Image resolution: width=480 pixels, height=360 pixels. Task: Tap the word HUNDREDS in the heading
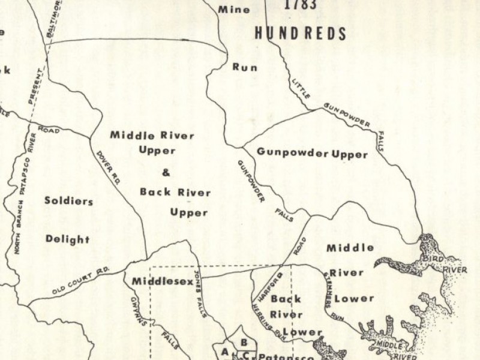pos(301,33)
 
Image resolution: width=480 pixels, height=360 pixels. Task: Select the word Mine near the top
pos(234,10)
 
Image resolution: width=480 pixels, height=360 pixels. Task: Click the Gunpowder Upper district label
pos(312,153)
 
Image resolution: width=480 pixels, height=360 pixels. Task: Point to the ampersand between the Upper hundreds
pos(166,173)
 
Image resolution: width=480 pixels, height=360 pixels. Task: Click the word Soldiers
pos(68,201)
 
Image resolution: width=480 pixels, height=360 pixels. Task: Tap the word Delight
pos(67,239)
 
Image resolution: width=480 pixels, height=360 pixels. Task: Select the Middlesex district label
pos(158,281)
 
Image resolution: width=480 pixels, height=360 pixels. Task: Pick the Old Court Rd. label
pos(80,281)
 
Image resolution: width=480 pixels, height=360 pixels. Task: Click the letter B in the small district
pos(244,343)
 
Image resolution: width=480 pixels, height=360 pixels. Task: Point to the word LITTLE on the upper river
pos(302,90)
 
